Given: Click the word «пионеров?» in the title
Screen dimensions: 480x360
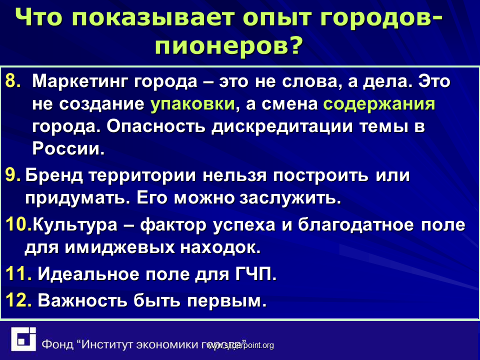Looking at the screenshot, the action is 228,45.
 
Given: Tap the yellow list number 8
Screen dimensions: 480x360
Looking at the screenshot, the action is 13,81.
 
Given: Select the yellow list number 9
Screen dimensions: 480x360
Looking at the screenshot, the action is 13,175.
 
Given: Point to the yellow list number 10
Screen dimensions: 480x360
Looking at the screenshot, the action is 18,224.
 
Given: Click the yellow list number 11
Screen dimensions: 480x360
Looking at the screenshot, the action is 18,273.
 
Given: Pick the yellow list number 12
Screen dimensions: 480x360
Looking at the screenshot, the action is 18,300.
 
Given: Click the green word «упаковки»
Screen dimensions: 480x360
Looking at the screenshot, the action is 192,104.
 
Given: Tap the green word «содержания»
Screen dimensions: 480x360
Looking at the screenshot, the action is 379,104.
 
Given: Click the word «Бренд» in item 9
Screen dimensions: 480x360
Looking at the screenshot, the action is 54,175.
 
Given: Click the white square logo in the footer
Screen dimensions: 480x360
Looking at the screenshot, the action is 23,339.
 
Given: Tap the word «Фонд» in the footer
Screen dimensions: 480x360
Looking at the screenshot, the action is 57,344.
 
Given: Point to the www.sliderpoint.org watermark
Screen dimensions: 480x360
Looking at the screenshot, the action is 240,345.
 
